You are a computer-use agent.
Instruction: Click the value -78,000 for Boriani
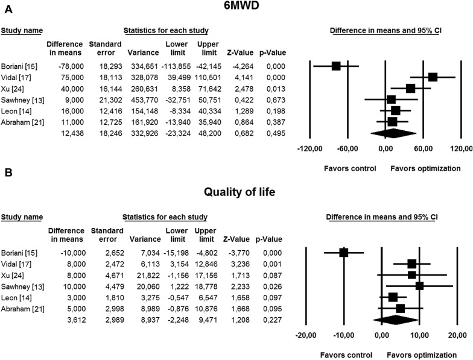click(67, 66)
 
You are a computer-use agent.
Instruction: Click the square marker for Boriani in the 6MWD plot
click(336, 66)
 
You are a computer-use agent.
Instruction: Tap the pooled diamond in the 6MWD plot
click(393, 133)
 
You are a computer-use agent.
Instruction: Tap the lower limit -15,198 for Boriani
click(175, 253)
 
